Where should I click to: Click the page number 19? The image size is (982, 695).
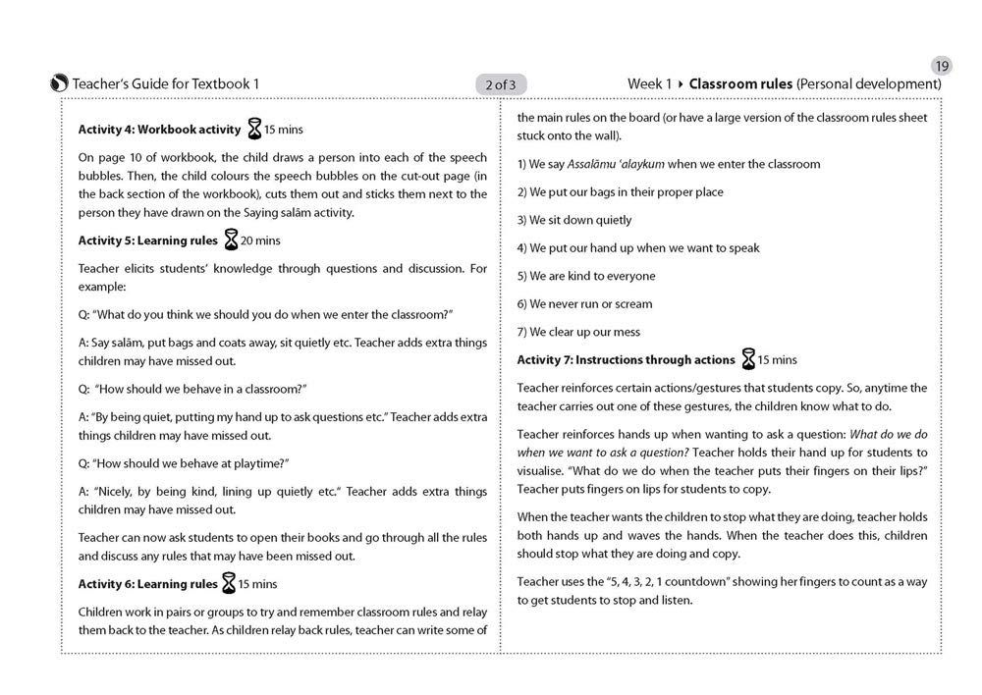[x=941, y=67]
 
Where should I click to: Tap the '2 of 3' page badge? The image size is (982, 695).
[x=501, y=84]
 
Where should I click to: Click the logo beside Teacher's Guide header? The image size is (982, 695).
[x=59, y=84]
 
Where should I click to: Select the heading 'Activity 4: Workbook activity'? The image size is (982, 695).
[x=159, y=130]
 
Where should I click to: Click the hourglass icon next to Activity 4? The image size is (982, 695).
[x=255, y=129]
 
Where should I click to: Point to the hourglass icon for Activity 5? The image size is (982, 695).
[x=231, y=241]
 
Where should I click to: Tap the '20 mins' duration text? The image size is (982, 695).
[x=261, y=241]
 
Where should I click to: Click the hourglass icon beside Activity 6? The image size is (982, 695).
[x=228, y=584]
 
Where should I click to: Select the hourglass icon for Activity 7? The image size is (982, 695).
[x=748, y=360]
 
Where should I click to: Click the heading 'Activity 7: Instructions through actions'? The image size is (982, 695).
[x=626, y=360]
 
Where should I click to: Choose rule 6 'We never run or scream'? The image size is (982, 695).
[x=584, y=304]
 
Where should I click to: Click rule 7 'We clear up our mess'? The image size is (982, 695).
[x=578, y=332]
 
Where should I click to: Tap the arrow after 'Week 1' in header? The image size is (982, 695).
[x=681, y=84]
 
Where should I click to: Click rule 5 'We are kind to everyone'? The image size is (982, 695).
[x=586, y=276]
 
